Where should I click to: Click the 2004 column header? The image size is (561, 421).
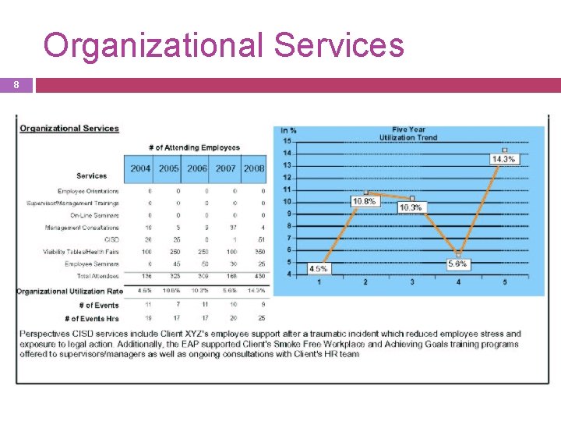pos(141,168)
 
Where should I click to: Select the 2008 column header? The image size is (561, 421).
pos(254,168)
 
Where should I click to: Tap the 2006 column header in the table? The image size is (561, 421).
pos(197,168)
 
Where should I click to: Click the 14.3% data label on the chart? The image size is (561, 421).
pos(503,159)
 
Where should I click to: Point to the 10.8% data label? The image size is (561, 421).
pos(364,201)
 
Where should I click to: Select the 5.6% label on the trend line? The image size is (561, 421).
pos(458,265)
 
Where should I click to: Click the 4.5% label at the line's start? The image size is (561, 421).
pos(319,268)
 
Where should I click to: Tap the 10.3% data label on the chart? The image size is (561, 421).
pos(410,208)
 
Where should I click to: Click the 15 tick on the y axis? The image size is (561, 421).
pos(287,141)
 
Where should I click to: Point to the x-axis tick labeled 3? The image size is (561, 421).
pos(411,282)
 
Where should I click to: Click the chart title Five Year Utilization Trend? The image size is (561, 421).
pos(408,133)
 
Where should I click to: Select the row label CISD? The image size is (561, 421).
pos(111,240)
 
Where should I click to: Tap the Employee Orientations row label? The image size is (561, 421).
pos(88,191)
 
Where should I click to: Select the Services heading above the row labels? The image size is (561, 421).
pos(92,176)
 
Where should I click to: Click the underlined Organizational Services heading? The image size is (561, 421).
pos(69,129)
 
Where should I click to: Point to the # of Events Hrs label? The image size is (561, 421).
pos(93,318)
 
